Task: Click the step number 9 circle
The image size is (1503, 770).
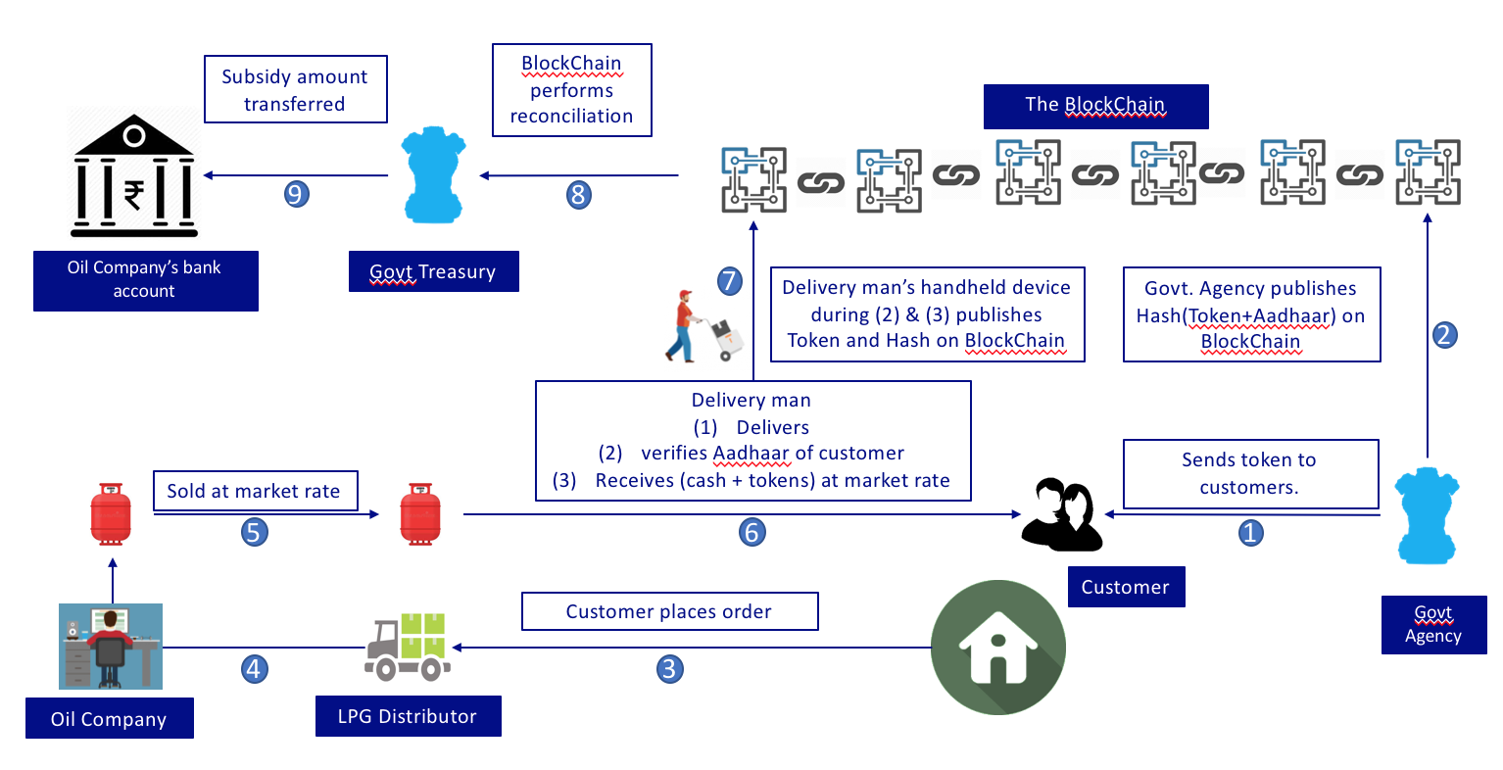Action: pyautogui.click(x=297, y=194)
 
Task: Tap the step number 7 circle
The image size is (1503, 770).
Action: pyautogui.click(x=729, y=281)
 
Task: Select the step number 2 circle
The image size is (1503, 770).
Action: pyautogui.click(x=1444, y=335)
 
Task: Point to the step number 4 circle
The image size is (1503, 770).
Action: pyautogui.click(x=255, y=669)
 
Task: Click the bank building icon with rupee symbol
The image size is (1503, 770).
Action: pyautogui.click(x=134, y=176)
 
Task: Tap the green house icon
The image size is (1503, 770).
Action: pyautogui.click(x=997, y=648)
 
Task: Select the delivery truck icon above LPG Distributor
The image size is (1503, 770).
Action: pyautogui.click(x=408, y=647)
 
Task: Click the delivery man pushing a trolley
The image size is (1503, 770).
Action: pyautogui.click(x=703, y=326)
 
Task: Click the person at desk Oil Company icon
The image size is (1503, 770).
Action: pyautogui.click(x=110, y=646)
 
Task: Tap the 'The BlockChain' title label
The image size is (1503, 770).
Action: pyautogui.click(x=1095, y=105)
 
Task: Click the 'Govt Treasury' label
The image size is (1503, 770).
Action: pyautogui.click(x=433, y=271)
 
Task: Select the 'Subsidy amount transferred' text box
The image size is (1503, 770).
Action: pyautogui.click(x=295, y=89)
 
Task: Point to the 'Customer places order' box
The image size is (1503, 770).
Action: pyautogui.click(x=669, y=611)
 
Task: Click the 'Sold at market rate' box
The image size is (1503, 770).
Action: pyautogui.click(x=255, y=491)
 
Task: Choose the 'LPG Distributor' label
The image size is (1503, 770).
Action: pyautogui.click(x=408, y=716)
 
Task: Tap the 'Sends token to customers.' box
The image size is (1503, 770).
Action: pyautogui.click(x=1249, y=473)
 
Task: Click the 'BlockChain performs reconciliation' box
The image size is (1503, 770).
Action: pyautogui.click(x=571, y=89)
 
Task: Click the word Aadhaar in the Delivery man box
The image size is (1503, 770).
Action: pyautogui.click(x=751, y=453)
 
